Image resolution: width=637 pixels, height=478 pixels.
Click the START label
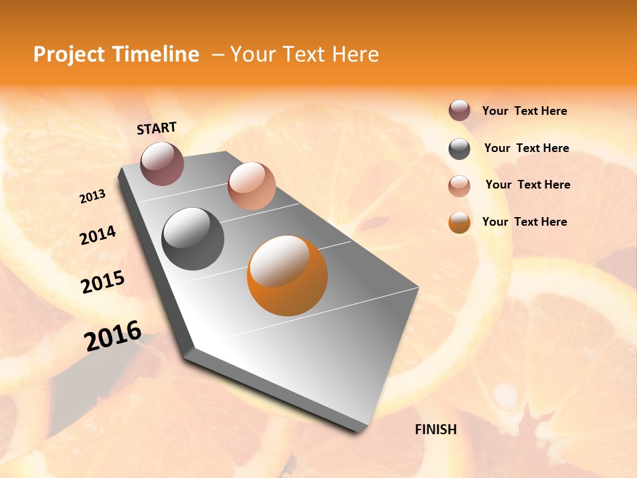click(x=157, y=128)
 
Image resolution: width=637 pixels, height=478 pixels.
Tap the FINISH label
click(x=436, y=430)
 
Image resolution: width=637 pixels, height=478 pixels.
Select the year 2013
click(x=92, y=197)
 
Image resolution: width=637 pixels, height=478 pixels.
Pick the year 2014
click(x=98, y=235)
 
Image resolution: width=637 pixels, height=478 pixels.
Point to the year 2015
click(x=102, y=282)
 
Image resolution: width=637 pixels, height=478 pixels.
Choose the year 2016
click(x=112, y=336)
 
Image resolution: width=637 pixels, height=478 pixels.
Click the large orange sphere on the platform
click(x=287, y=276)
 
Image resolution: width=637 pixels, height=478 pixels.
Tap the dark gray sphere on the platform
click(x=192, y=239)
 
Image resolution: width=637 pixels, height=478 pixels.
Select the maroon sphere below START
click(x=162, y=163)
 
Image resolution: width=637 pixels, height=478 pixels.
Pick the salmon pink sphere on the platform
click(x=251, y=186)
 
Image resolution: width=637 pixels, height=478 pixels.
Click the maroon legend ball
click(x=459, y=111)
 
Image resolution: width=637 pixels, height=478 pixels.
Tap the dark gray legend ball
click(x=459, y=149)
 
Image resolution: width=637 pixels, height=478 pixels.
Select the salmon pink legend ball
click(x=459, y=186)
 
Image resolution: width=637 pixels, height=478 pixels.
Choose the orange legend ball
click(x=459, y=223)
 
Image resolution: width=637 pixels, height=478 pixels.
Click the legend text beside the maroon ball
click(x=524, y=112)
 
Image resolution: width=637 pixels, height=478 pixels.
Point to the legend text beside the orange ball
click(x=524, y=222)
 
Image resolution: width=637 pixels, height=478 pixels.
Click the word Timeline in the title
click(x=156, y=54)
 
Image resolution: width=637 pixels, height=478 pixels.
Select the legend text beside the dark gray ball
click(x=526, y=148)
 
